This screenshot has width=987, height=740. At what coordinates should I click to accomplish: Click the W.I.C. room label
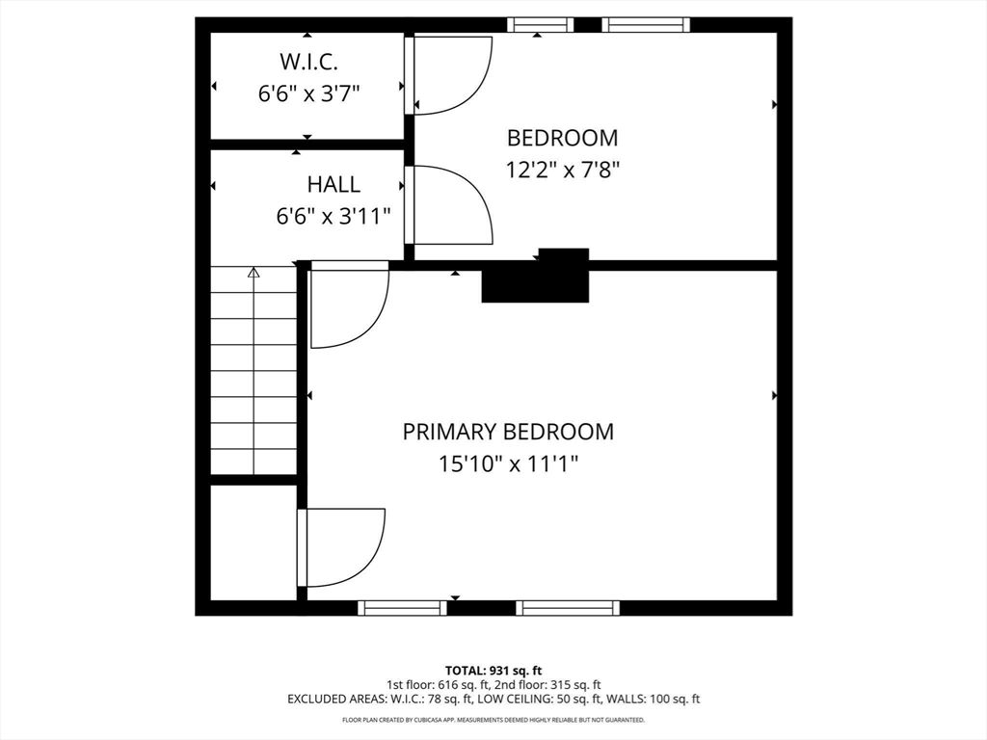pyautogui.click(x=308, y=63)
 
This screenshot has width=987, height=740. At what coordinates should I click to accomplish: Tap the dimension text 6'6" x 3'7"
pyautogui.click(x=308, y=93)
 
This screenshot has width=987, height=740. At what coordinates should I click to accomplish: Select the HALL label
pyautogui.click(x=333, y=184)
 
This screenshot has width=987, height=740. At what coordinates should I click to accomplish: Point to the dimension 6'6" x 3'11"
pyautogui.click(x=333, y=216)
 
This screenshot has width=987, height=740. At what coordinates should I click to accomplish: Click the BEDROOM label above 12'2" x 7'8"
pyautogui.click(x=562, y=138)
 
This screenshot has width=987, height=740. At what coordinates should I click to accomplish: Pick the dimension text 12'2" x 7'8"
pyautogui.click(x=562, y=170)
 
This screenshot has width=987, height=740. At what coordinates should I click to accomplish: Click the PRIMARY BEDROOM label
pyautogui.click(x=508, y=432)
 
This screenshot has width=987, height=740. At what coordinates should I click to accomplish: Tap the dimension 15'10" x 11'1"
pyautogui.click(x=508, y=463)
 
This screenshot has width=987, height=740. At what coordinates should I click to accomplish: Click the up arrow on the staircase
pyautogui.click(x=253, y=274)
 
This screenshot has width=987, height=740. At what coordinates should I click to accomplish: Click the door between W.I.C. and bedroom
pyautogui.click(x=449, y=75)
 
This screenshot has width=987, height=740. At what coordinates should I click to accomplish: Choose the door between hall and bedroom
pyautogui.click(x=449, y=205)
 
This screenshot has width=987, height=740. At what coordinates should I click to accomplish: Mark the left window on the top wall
pyautogui.click(x=541, y=25)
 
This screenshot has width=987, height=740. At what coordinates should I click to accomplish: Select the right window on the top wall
pyautogui.click(x=646, y=25)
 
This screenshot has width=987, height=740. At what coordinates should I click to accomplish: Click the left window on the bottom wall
pyautogui.click(x=402, y=608)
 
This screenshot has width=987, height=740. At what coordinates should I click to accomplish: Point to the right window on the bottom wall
pyautogui.click(x=567, y=608)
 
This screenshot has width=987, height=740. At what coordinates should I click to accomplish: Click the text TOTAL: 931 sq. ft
pyautogui.click(x=493, y=671)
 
